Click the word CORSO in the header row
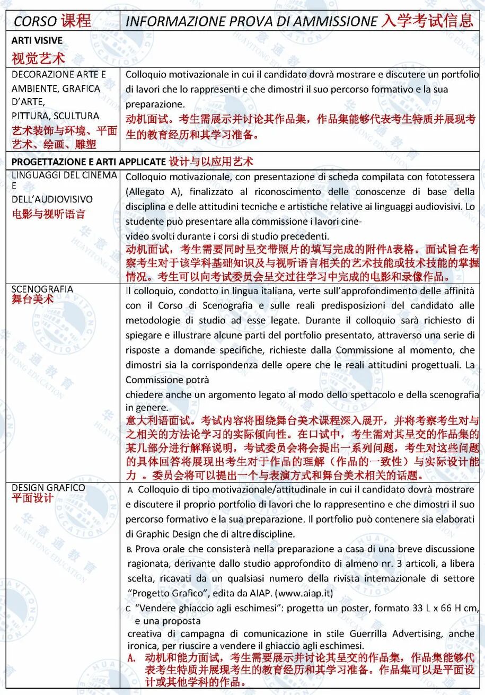coord(35,21)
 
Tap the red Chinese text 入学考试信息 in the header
coord(427,21)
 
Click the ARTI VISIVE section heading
coord(37,40)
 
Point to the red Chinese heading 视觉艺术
coord(38,57)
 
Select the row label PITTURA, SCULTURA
coord(55,116)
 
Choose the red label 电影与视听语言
coord(48,214)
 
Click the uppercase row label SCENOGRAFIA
coord(42,289)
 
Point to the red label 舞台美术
coord(32,299)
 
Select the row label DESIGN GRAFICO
coord(48,488)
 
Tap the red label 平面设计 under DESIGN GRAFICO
coord(32,498)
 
